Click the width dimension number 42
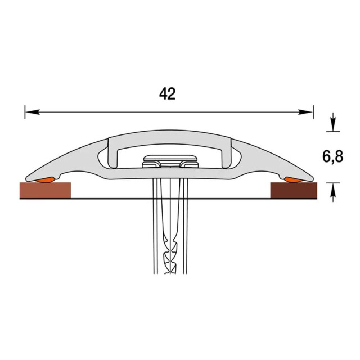168,94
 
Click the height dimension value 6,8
332,157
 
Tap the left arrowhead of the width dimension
32,112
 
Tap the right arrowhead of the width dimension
305,112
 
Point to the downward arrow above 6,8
333,121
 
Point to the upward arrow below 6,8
333,192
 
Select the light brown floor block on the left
46,190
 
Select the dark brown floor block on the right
294,190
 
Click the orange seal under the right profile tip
293,180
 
